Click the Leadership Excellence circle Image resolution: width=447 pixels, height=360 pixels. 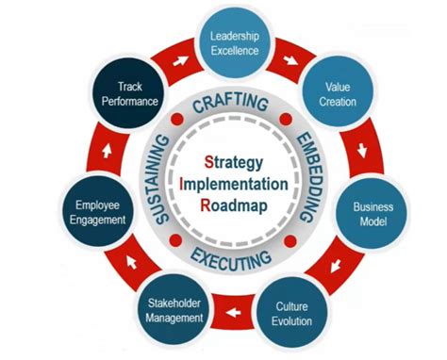235,43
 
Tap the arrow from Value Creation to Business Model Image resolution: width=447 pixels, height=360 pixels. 362,150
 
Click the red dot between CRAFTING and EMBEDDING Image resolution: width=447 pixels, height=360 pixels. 282,122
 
